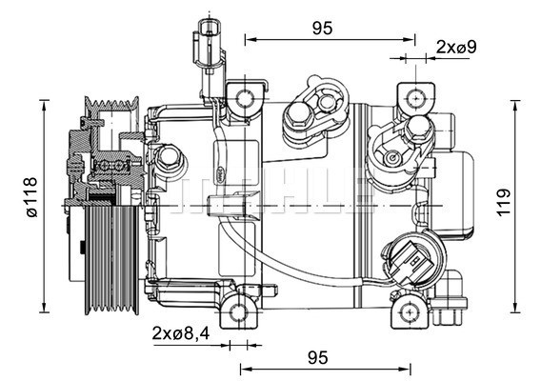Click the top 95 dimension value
(x=322, y=28)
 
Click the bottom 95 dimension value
(x=318, y=357)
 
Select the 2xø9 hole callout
(x=455, y=46)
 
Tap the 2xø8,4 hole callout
(x=180, y=332)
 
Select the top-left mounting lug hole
(x=245, y=97)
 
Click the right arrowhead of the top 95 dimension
(x=411, y=40)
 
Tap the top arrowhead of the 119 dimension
(x=514, y=101)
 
